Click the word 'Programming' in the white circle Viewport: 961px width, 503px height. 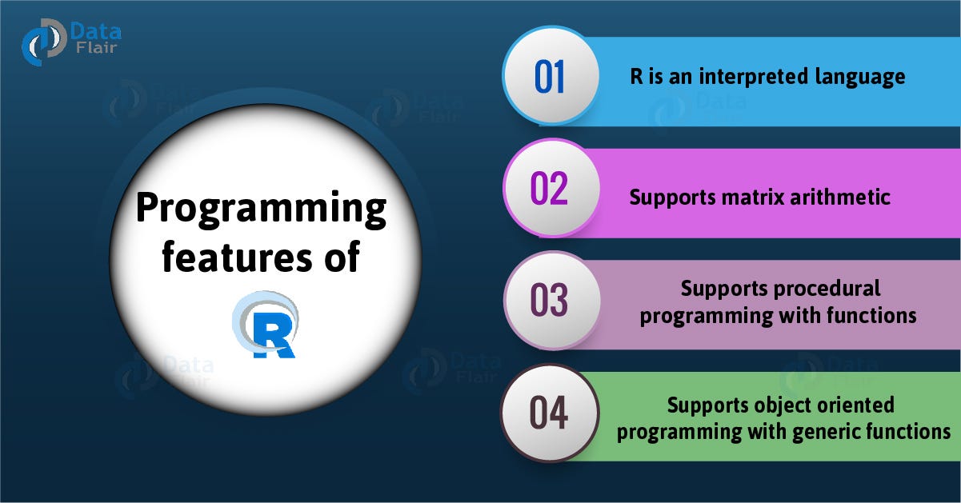click(261, 210)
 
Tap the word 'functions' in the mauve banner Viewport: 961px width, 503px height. click(871, 315)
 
